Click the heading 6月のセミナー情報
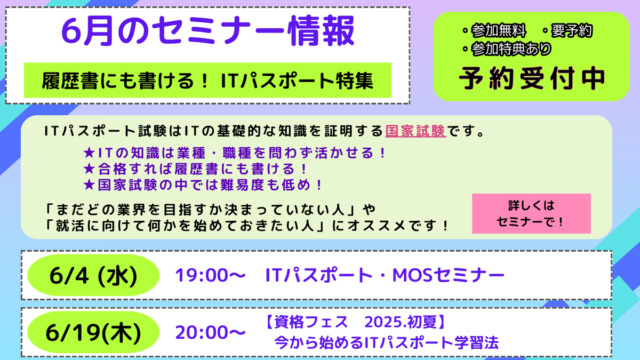coord(207,31)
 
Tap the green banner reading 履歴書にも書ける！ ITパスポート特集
coord(207,81)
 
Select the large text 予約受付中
coord(532,78)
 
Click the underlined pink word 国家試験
coord(415,131)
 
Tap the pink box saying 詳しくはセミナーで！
coord(531,213)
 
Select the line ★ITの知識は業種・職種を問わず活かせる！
coord(235,153)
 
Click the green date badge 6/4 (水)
coord(93,276)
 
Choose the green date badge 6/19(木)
coord(93,333)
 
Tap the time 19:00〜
coord(211,276)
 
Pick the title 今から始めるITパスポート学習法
coord(386,342)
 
